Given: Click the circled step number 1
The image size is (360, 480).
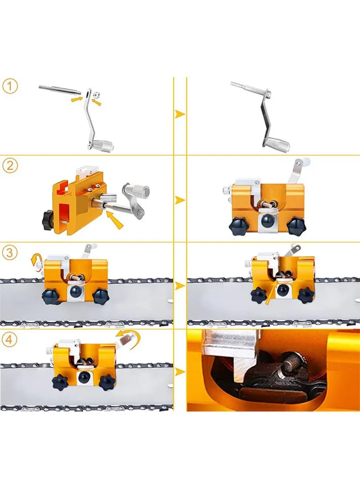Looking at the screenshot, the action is coord(10,86).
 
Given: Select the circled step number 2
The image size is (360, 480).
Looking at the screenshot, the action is coord(10,166).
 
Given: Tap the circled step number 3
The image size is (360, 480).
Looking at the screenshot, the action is coord(10,253).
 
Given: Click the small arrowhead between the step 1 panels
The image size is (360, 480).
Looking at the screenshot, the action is coord(180,115).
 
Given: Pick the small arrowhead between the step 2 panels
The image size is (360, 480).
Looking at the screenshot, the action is coord(180,201).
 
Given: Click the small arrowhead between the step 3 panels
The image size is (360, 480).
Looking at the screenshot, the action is coord(180,286).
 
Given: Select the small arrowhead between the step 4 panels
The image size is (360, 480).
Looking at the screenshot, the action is coord(180,372).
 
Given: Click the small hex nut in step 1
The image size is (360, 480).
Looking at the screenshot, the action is coord(96,94).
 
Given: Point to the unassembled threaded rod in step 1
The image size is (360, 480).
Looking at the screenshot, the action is coord(60,90).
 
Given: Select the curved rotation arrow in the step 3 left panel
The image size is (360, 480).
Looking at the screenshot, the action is coord(34,262).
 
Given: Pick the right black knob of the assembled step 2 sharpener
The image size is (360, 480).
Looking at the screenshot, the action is coord(296,227).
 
